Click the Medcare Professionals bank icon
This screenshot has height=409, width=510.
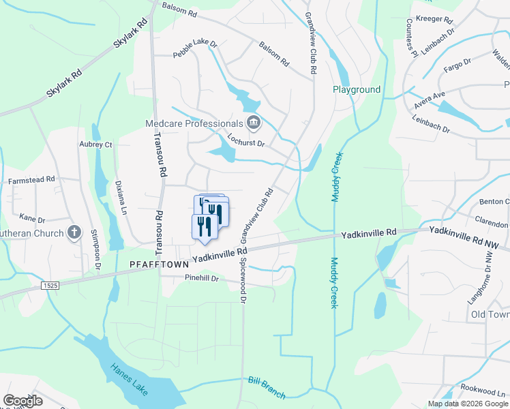pyautogui.click(x=254, y=123)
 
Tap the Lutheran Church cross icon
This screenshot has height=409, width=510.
pyautogui.click(x=74, y=233)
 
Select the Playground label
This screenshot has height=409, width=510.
pyautogui.click(x=356, y=90)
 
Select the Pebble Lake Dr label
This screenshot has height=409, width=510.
pyautogui.click(x=194, y=48)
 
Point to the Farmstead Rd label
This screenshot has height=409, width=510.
pyautogui.click(x=31, y=180)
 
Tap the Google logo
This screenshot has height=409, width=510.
pyautogui.click(x=22, y=401)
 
